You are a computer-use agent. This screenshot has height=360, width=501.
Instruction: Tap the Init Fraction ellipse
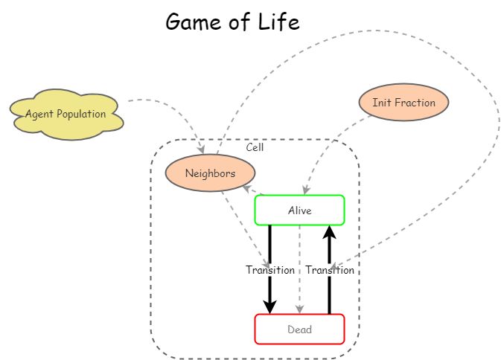click(x=403, y=103)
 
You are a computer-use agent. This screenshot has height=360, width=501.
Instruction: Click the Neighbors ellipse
click(x=210, y=173)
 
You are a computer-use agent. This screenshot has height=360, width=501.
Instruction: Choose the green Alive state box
click(x=299, y=210)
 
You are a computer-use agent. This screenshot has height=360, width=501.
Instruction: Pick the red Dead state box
click(x=299, y=330)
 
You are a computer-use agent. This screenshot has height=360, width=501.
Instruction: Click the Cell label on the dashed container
click(x=255, y=147)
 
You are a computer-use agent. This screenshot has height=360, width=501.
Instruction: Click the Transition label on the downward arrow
click(x=270, y=270)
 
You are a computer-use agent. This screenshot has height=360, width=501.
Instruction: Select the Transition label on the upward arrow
click(x=330, y=270)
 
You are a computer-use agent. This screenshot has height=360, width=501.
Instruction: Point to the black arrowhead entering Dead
click(x=270, y=306)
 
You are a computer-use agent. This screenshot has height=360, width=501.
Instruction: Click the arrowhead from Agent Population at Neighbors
click(x=201, y=150)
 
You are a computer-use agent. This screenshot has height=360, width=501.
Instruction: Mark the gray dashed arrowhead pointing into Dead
click(x=299, y=309)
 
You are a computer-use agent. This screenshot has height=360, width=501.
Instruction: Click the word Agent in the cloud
click(x=39, y=115)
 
